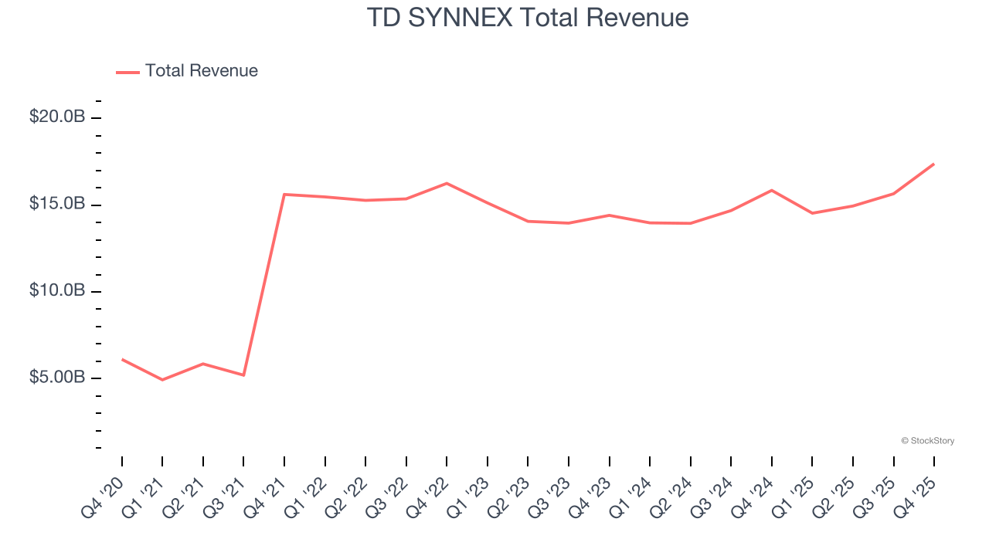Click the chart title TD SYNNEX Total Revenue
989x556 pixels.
pyautogui.click(x=528, y=17)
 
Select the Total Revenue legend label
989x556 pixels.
pyautogui.click(x=201, y=71)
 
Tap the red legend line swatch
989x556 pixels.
pyautogui.click(x=127, y=72)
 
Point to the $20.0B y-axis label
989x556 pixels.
pyautogui.click(x=57, y=117)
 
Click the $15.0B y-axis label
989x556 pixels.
pyautogui.click(x=57, y=205)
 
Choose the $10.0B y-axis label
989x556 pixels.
pyautogui.click(x=57, y=291)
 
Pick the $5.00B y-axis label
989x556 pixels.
pyautogui.click(x=57, y=378)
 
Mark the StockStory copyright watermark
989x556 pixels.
pyautogui.click(x=927, y=441)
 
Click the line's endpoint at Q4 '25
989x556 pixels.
pyautogui.click(x=934, y=164)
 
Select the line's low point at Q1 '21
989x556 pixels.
pyautogui.click(x=162, y=380)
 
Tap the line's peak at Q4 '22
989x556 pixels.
pyautogui.click(x=447, y=183)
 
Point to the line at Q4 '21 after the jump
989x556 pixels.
pyautogui.click(x=284, y=194)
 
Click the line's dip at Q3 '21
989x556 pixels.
pyautogui.click(x=243, y=375)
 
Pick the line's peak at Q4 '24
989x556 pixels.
pyautogui.click(x=772, y=190)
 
